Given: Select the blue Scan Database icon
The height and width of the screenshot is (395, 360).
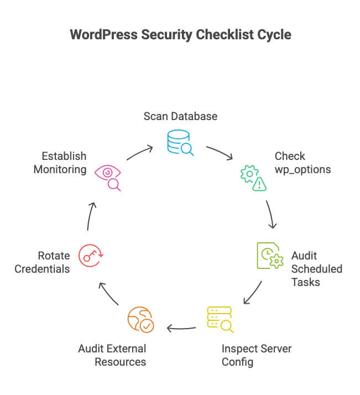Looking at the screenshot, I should click(x=180, y=143).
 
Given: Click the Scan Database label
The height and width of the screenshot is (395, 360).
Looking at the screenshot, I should click(x=180, y=116).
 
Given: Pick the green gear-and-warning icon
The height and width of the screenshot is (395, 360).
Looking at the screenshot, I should click(x=252, y=178).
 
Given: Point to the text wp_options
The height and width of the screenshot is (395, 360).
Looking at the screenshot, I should click(x=302, y=169).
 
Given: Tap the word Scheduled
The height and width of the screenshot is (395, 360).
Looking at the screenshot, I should click(x=316, y=269).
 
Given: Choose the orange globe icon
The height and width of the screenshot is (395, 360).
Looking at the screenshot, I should click(x=140, y=320).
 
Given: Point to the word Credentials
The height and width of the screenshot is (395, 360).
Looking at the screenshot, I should click(x=42, y=269).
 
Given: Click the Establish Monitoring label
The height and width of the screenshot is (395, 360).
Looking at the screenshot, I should click(x=60, y=163).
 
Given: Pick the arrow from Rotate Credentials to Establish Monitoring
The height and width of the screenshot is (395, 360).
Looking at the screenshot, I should click(x=91, y=216).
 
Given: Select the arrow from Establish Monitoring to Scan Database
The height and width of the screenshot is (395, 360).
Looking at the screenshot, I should click(x=139, y=152).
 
